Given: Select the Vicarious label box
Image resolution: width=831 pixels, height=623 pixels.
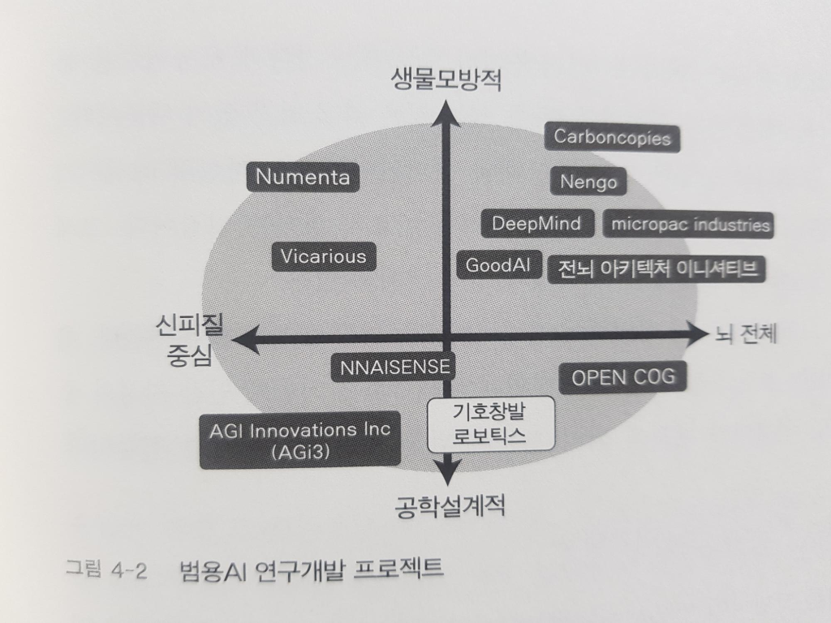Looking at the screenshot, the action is click(x=323, y=257).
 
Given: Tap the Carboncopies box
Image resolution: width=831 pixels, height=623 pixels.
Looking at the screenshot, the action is click(x=613, y=137).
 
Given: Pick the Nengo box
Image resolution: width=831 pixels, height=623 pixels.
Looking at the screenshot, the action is click(x=588, y=182).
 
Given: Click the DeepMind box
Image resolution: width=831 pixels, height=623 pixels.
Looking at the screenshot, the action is click(x=536, y=223).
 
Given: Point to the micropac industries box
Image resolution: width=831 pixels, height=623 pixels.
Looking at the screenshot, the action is click(x=690, y=225).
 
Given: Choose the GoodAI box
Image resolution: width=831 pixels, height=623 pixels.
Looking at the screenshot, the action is click(x=497, y=265).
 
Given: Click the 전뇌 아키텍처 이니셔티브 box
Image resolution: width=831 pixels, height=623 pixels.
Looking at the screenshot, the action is click(x=657, y=269).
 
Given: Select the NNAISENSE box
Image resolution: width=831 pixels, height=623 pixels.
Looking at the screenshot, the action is click(x=394, y=367).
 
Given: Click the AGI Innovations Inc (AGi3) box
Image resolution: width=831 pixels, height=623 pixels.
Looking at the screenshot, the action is click(x=300, y=440).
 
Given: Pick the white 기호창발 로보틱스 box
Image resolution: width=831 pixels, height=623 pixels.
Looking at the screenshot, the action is click(x=490, y=423).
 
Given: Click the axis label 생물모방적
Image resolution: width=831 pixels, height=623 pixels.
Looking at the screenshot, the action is click(x=447, y=80).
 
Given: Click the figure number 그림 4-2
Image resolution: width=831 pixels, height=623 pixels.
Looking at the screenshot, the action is click(x=105, y=570).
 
